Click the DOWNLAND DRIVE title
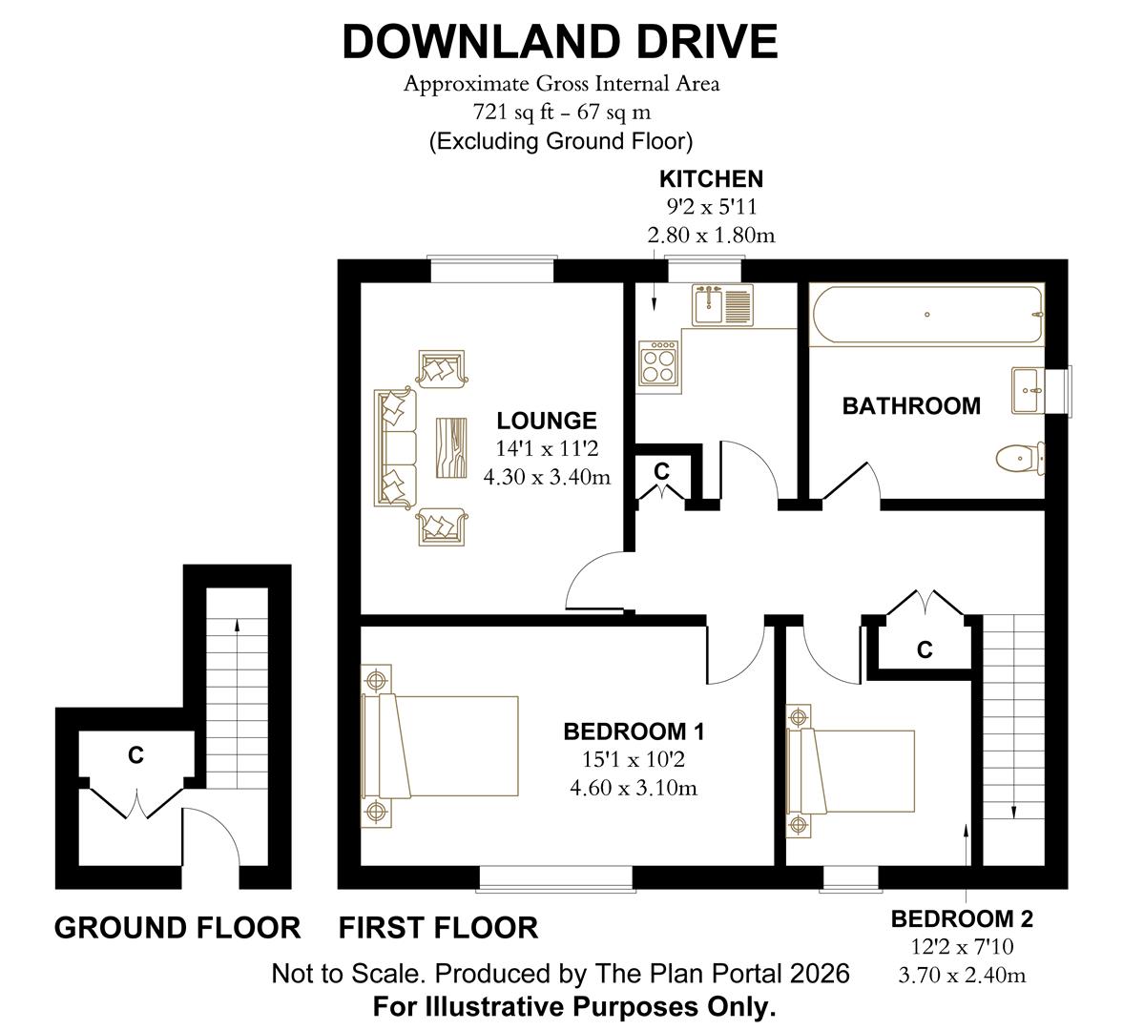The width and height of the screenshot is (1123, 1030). coord(560,43)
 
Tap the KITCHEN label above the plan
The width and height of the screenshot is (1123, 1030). coord(711,179)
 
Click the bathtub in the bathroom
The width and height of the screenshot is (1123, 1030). coord(925,316)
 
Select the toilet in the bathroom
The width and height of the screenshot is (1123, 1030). coord(1018,458)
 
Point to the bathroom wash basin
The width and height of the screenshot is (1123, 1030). coord(1028,389)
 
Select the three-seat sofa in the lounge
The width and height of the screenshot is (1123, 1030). coord(396,446)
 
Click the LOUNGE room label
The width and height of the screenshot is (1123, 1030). coord(547,421)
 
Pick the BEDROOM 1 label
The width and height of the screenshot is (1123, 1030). coord(634,732)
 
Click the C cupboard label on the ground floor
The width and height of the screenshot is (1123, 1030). coord(135,755)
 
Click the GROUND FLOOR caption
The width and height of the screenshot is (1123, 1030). coord(177,927)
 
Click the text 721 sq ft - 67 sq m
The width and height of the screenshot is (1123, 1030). coord(561,113)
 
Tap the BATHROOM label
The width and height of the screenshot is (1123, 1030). coord(911,406)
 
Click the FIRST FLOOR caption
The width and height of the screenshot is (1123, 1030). coord(439,927)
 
